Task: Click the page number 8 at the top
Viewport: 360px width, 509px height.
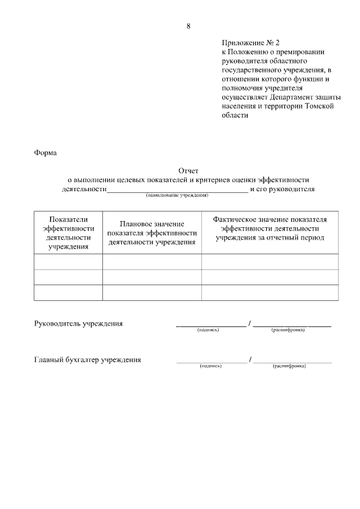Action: point(188,26)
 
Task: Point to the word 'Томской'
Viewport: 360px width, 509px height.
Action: point(319,106)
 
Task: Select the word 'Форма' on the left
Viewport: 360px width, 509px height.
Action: point(45,152)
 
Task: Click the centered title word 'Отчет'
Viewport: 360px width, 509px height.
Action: point(188,170)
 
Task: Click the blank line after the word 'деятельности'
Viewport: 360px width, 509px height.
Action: point(177,190)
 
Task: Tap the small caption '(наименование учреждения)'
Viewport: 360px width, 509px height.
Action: point(177,196)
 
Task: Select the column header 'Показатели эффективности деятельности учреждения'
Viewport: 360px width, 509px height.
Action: point(68,232)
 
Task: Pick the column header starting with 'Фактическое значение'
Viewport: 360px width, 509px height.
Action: point(270,228)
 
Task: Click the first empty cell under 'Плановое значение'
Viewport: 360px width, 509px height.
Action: point(152,262)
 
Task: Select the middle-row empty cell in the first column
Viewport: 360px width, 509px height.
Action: point(68,277)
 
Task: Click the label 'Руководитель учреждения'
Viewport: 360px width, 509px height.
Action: point(78,324)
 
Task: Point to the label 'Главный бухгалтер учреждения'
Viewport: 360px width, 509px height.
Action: point(87,360)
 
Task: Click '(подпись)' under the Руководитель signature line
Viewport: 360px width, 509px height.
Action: point(208,330)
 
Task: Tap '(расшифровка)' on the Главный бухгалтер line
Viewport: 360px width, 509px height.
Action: point(289,366)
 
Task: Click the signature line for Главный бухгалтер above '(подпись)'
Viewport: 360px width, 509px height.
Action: point(211,362)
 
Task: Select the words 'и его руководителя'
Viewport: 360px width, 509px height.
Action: point(282,189)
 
